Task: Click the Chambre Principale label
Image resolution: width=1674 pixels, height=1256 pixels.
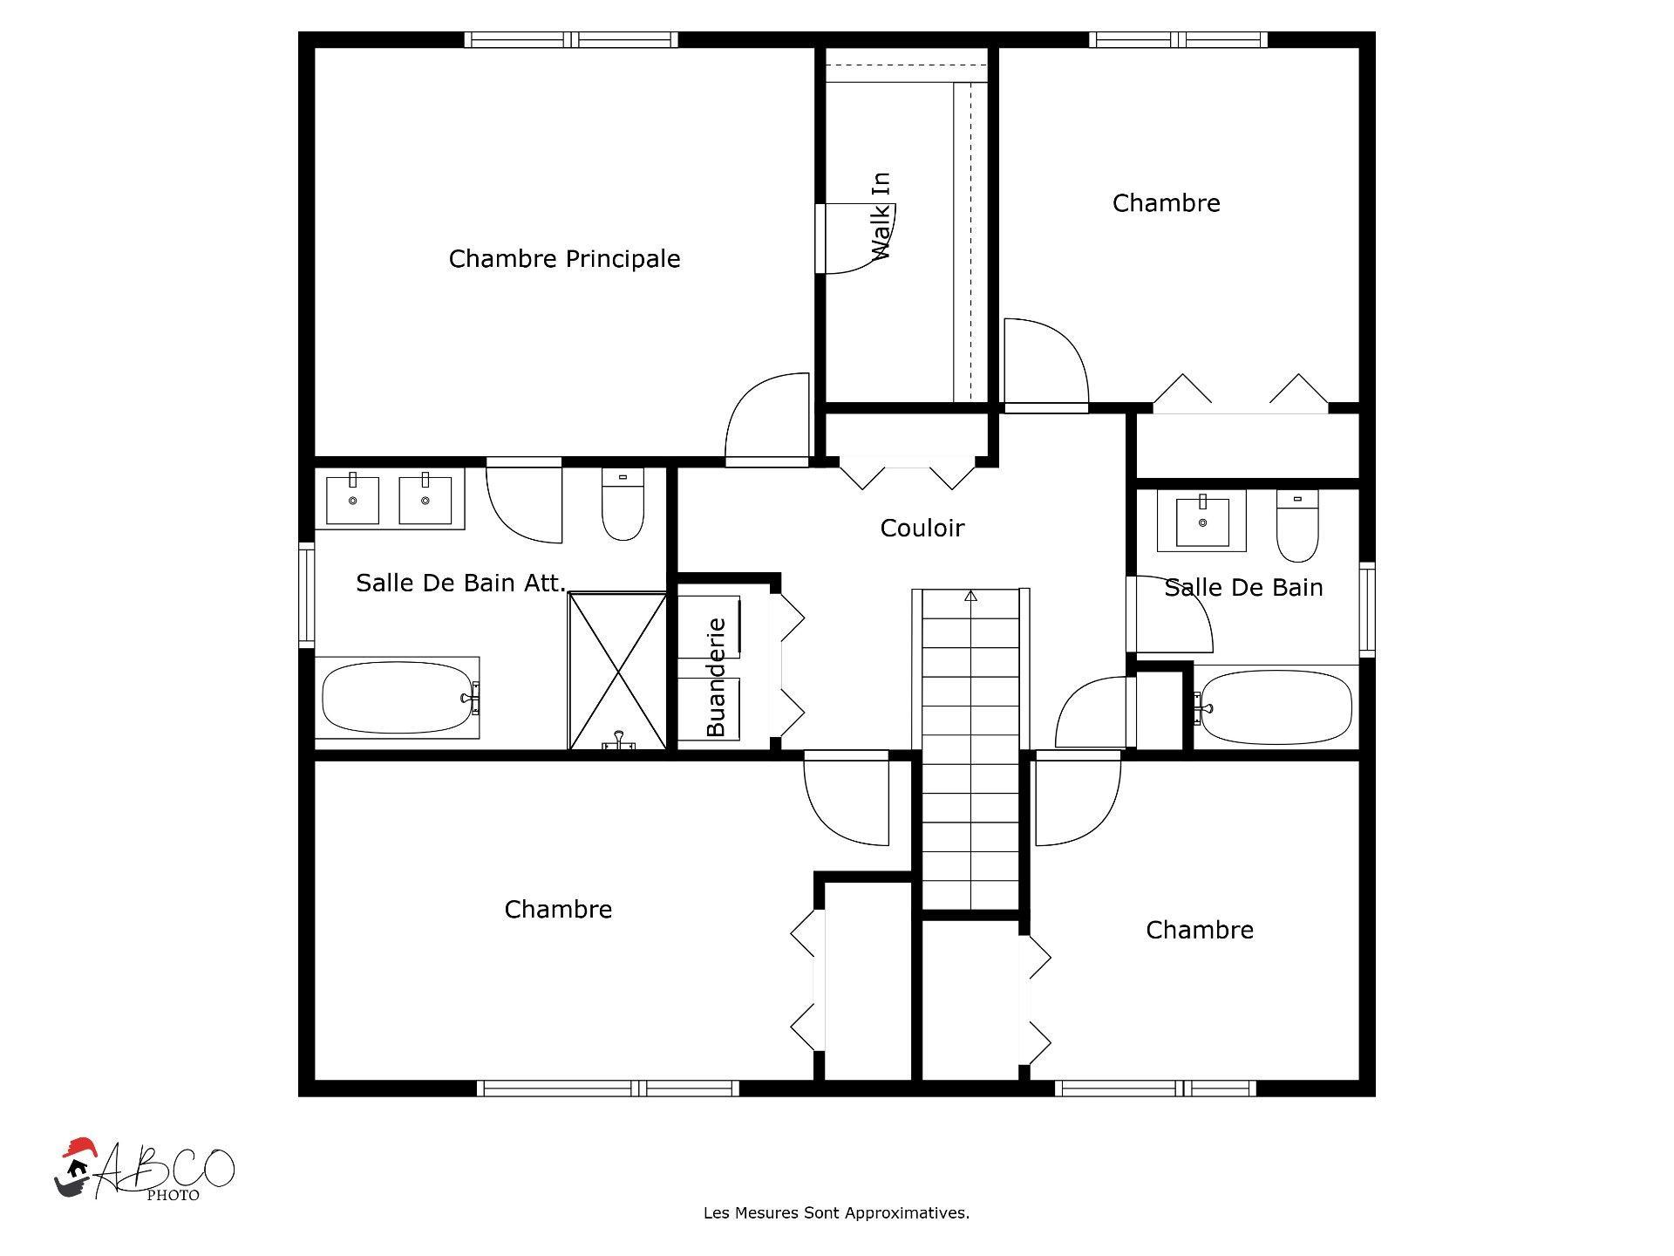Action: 564,259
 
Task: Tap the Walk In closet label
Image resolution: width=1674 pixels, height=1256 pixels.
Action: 881,215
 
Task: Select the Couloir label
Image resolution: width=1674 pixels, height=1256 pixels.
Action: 922,528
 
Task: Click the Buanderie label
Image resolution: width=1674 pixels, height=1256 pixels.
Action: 716,677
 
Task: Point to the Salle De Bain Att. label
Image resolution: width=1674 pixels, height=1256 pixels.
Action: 460,583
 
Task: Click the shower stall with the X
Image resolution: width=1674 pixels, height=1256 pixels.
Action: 617,671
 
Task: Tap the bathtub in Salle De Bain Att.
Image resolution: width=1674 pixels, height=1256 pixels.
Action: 397,698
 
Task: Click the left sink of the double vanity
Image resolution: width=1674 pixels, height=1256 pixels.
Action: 352,499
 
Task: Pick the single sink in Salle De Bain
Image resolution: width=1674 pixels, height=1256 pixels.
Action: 1202,521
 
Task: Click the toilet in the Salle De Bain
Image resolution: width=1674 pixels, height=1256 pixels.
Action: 1297,525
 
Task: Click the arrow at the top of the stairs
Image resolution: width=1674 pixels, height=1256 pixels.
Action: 970,597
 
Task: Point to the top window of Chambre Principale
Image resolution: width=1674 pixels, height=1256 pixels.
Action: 571,39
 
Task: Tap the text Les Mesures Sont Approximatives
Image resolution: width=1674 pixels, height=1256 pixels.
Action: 836,1213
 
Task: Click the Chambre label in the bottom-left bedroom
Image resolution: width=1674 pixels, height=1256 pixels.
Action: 558,910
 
